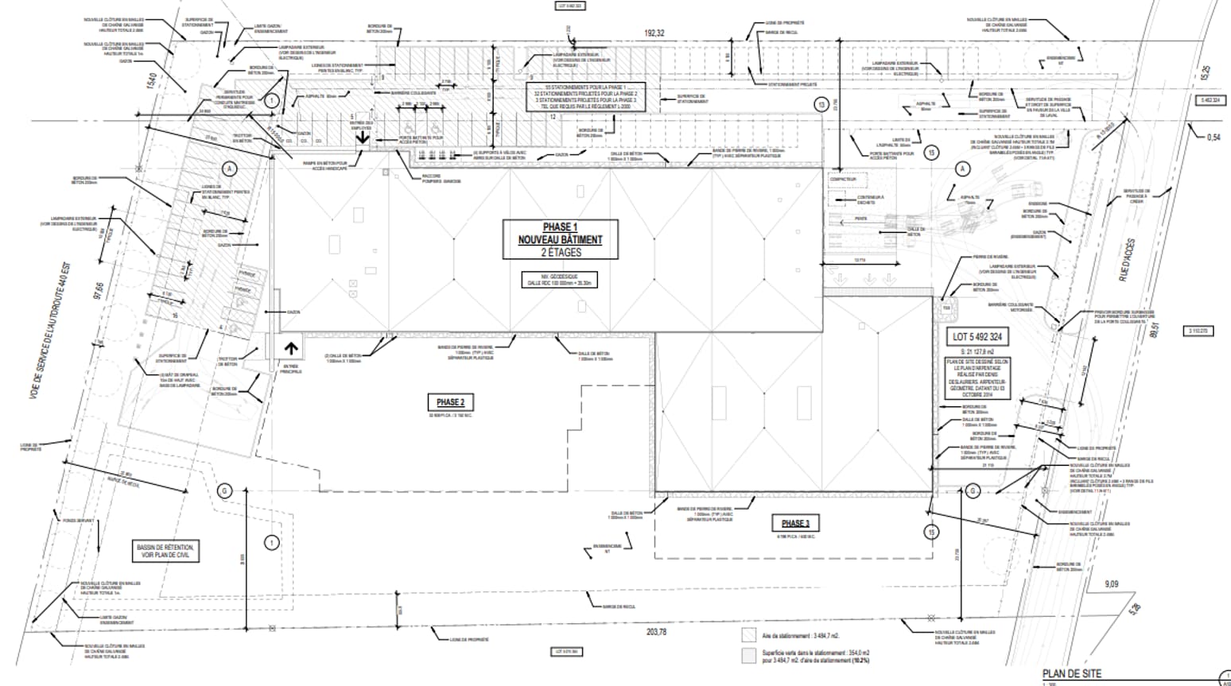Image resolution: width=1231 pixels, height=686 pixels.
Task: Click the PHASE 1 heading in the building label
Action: pyautogui.click(x=560, y=227)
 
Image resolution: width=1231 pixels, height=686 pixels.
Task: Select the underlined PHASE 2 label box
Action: pyautogui.click(x=450, y=401)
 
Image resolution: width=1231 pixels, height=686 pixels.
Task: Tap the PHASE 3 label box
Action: pyautogui.click(x=794, y=523)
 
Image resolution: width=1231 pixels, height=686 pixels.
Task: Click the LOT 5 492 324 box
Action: pyautogui.click(x=977, y=337)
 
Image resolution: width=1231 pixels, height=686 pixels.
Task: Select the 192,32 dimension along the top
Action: pyautogui.click(x=654, y=33)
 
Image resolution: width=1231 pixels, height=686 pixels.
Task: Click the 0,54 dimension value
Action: pyautogui.click(x=1213, y=138)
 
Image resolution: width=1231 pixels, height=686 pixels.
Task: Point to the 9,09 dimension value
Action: pyautogui.click(x=1111, y=584)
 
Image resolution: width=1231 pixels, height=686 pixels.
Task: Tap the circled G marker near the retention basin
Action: pyautogui.click(x=224, y=491)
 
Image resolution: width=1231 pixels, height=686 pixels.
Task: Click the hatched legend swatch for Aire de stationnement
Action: pyautogui.click(x=748, y=636)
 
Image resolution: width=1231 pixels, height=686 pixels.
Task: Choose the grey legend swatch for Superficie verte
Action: pyautogui.click(x=748, y=656)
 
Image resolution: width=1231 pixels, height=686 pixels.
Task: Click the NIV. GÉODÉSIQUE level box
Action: pyautogui.click(x=560, y=279)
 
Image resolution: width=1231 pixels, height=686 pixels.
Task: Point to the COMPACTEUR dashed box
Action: pyautogui.click(x=844, y=180)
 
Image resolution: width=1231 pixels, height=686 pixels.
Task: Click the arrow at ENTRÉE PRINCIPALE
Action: pyautogui.click(x=291, y=348)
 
